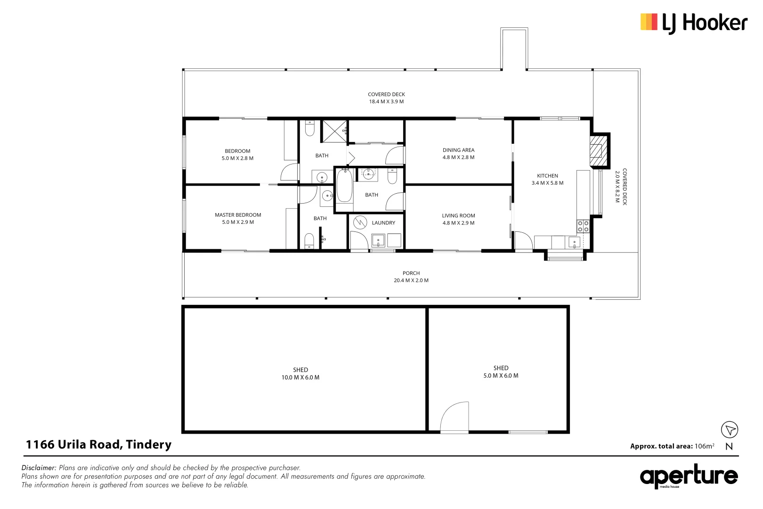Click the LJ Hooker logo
coord(693,23)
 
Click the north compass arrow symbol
coord(730,430)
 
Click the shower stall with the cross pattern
coord(334,131)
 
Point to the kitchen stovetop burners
coord(583,226)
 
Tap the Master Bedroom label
coord(238,215)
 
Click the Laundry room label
coord(383,223)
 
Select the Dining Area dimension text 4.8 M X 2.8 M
coord(458,157)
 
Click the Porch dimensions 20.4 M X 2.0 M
coord(411,280)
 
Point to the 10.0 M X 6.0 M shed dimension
coord(300,378)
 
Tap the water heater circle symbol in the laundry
coord(360,222)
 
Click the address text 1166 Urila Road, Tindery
coord(98,444)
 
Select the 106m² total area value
coord(704,446)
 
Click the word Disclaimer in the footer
coord(39,468)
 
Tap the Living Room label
coord(458,216)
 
